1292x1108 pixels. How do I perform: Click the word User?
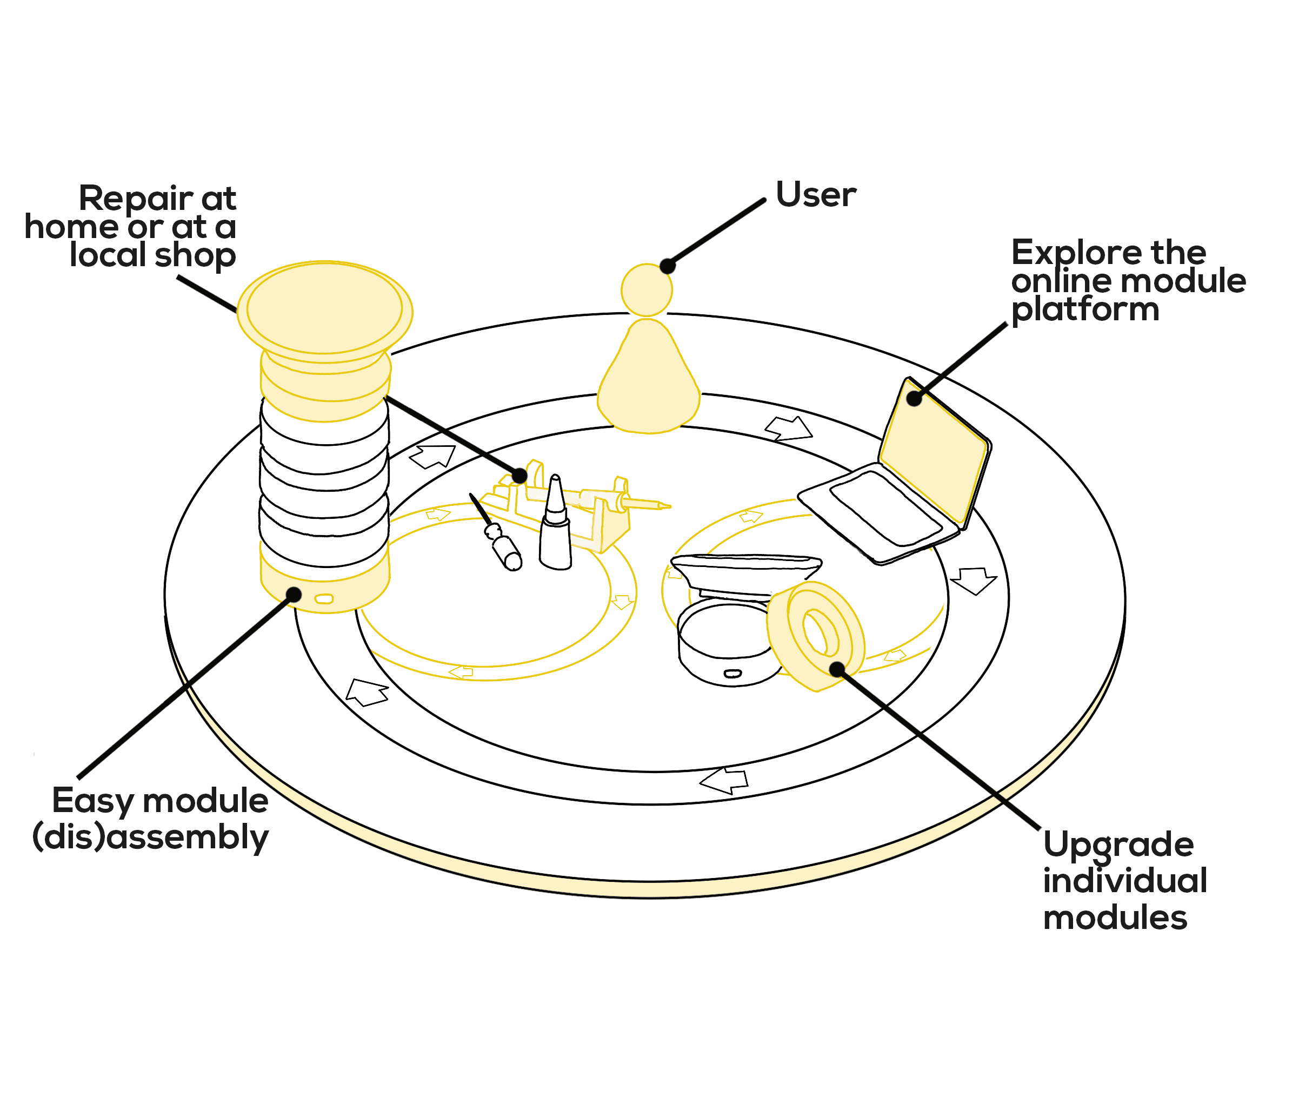pyautogui.click(x=815, y=195)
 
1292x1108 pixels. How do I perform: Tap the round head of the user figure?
pyautogui.click(x=647, y=290)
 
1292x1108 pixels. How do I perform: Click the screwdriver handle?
pyautogui.click(x=507, y=552)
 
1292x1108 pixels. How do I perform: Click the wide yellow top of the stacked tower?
pyautogui.click(x=324, y=309)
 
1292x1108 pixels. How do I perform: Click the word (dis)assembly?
pyautogui.click(x=150, y=837)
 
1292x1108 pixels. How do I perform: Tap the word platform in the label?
pyautogui.click(x=1085, y=310)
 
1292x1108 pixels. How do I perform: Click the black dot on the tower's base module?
pyautogui.click(x=293, y=595)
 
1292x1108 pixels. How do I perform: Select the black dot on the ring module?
pyautogui.click(x=837, y=669)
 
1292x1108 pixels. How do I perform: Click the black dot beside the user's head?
pyautogui.click(x=667, y=266)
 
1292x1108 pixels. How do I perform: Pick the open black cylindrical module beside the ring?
pyautogui.click(x=727, y=649)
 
